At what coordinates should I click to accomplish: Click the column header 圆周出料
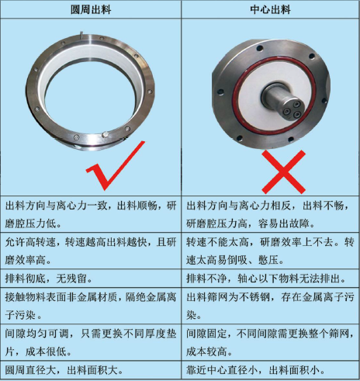[x=91, y=11]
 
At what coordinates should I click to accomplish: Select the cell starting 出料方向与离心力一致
[x=91, y=213]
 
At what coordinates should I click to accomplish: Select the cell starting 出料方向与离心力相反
[x=270, y=213]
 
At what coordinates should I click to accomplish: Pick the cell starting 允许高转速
[x=91, y=250]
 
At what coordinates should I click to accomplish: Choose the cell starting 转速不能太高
[x=270, y=250]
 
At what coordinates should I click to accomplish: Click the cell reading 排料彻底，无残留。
[x=91, y=279]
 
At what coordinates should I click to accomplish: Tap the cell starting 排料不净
[x=270, y=279]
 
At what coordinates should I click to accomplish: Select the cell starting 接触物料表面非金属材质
[x=91, y=307]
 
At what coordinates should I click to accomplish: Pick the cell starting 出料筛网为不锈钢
[x=270, y=307]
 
